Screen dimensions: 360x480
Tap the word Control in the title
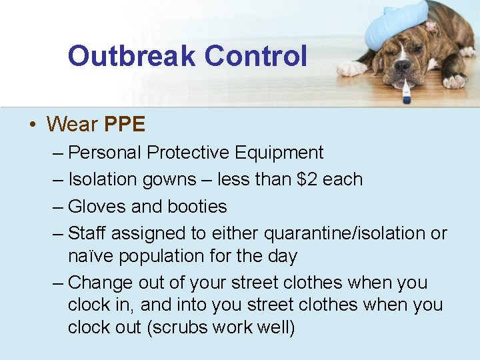256,56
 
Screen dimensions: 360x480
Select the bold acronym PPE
125,124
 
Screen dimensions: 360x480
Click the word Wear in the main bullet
73,124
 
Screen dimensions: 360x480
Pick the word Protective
188,153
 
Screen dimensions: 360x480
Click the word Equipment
279,153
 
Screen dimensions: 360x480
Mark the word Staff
87,233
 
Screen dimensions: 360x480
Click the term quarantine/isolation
345,233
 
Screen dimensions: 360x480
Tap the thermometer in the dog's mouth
406,90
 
